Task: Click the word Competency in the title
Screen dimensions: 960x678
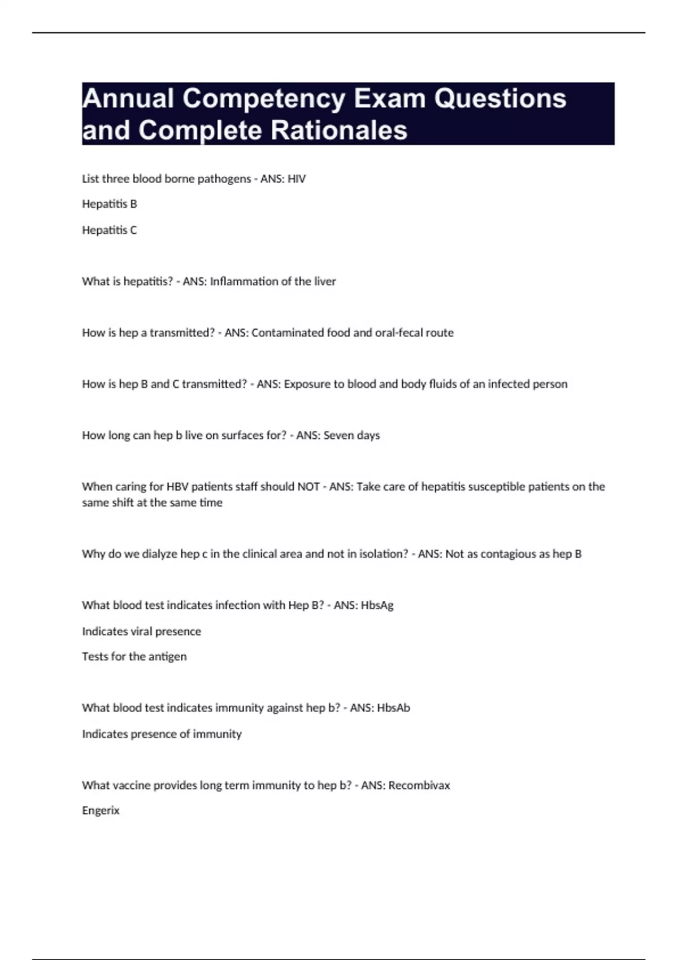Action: click(264, 99)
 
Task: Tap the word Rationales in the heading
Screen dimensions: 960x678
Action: click(339, 130)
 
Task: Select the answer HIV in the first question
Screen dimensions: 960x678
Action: click(297, 179)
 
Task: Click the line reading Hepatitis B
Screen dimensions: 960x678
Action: click(110, 204)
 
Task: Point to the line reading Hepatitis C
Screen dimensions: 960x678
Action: click(110, 230)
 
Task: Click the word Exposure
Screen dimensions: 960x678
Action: click(307, 384)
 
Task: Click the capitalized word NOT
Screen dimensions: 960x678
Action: click(308, 487)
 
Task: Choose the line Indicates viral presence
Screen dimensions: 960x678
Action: click(141, 631)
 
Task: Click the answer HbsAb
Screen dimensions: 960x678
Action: click(393, 708)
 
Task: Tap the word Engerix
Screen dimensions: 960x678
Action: click(101, 810)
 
